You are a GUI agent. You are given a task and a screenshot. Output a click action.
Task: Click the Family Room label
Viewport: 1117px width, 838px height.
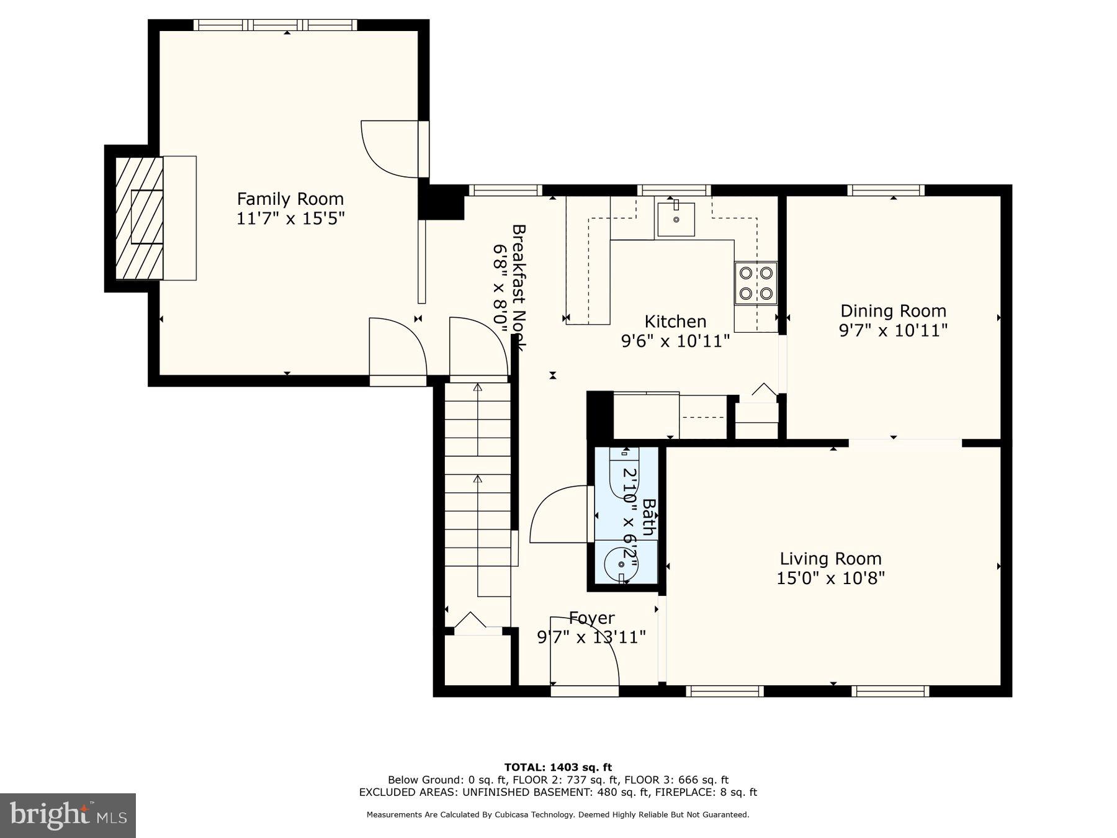[x=290, y=199]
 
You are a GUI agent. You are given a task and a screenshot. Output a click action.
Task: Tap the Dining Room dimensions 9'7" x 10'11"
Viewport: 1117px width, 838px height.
[x=893, y=330]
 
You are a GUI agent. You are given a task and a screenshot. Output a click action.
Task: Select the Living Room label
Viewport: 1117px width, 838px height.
[x=830, y=559]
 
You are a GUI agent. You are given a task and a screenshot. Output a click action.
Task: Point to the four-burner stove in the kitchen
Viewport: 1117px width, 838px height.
[x=756, y=283]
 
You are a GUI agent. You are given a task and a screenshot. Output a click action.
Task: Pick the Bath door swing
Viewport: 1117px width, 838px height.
[x=558, y=515]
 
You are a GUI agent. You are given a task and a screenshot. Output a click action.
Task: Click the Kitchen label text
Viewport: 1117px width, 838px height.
[x=675, y=322]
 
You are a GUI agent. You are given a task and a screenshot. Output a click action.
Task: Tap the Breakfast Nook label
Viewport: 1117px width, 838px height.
[x=519, y=287]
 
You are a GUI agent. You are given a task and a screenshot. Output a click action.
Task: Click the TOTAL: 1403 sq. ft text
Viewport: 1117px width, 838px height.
[x=558, y=767]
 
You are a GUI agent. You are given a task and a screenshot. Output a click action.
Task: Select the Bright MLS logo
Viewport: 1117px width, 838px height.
[x=68, y=815]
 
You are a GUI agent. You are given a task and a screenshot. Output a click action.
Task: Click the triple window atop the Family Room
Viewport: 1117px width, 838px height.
[x=276, y=25]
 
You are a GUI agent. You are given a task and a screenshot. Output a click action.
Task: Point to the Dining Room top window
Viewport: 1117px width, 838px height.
[x=886, y=190]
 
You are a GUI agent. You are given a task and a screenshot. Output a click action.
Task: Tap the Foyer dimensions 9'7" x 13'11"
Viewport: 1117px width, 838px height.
[x=591, y=637]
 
